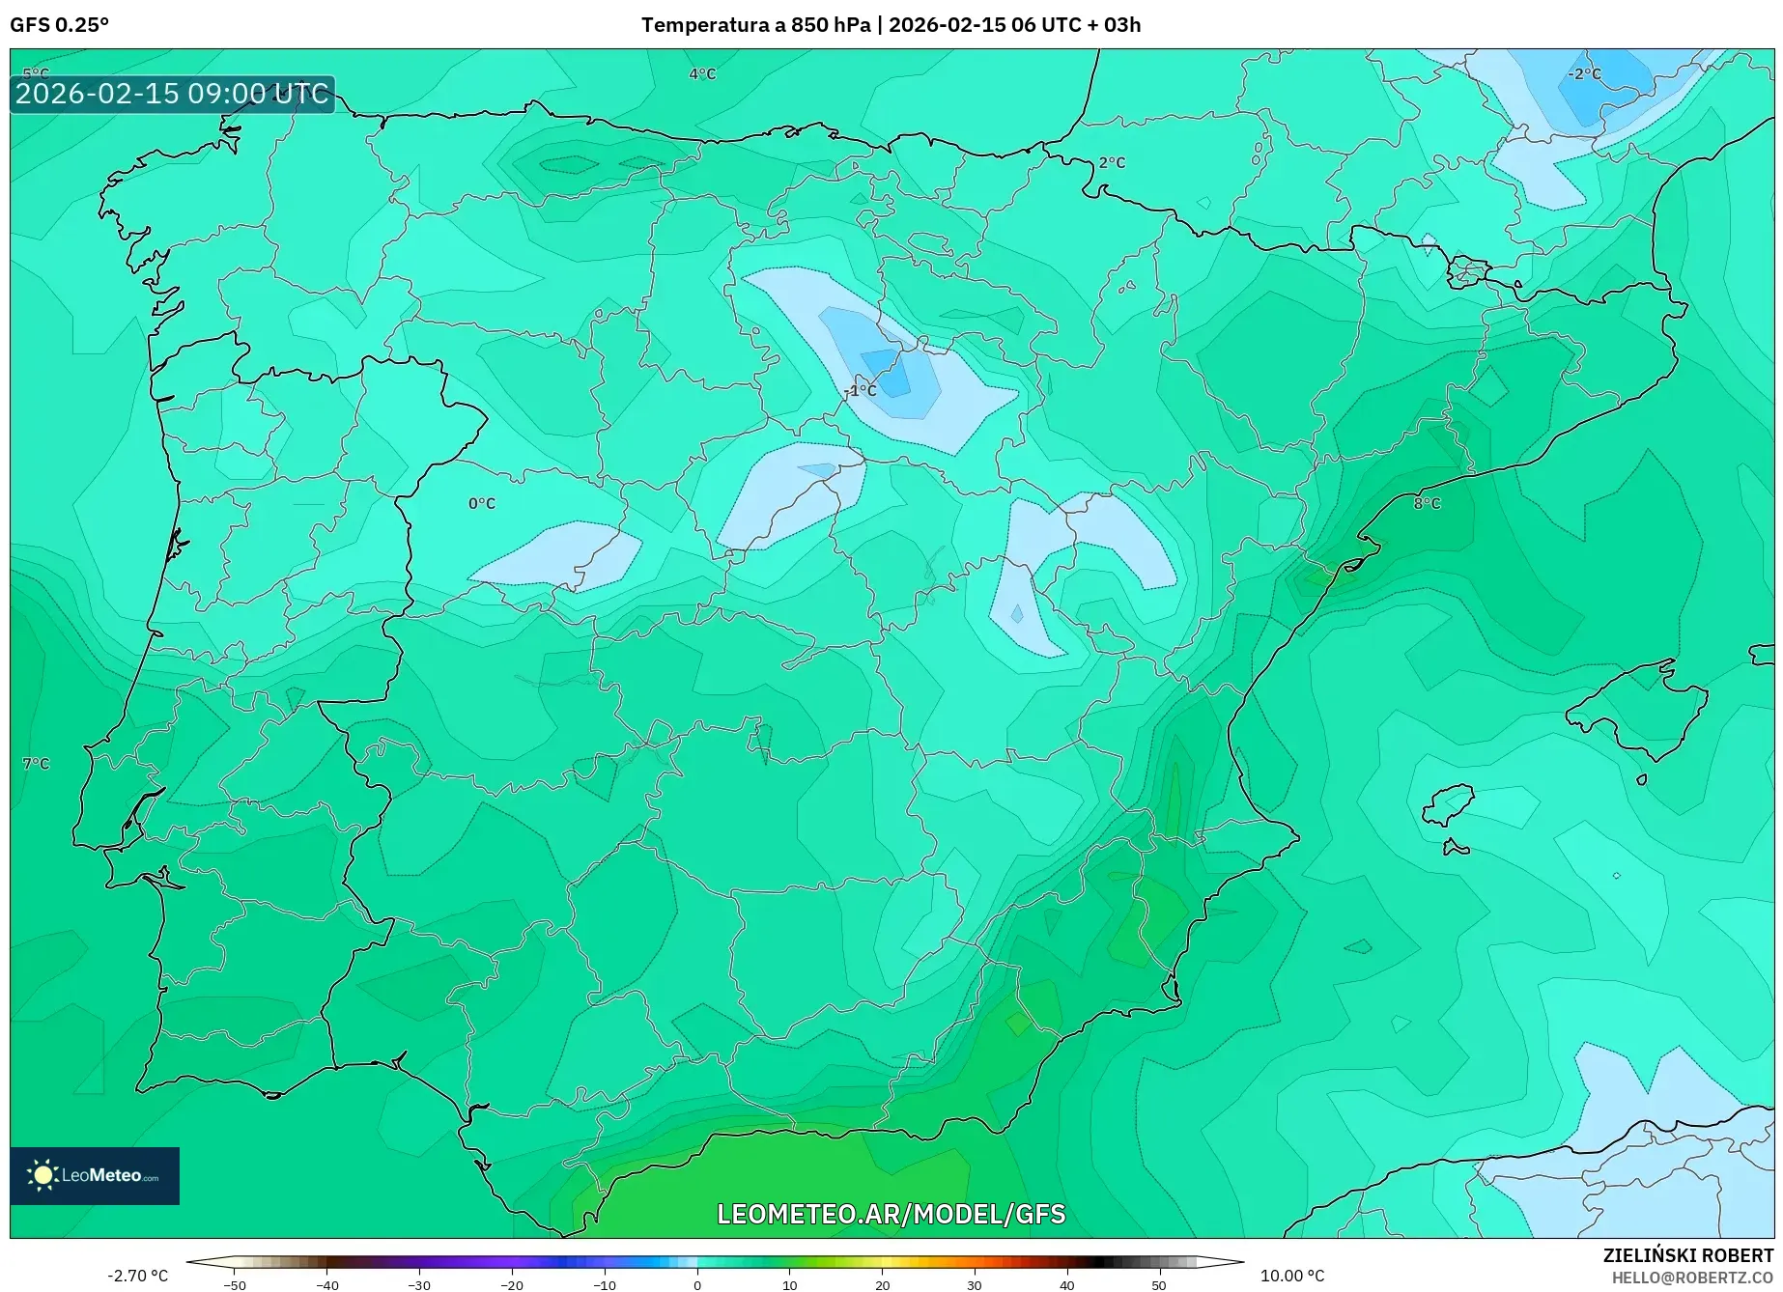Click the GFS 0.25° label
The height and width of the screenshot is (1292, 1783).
tap(59, 25)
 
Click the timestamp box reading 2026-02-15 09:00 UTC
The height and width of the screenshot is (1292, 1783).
tap(172, 94)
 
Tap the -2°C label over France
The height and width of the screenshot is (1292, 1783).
tap(1583, 74)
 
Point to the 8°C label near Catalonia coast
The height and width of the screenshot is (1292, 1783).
tap(1426, 503)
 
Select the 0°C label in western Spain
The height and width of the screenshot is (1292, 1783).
tap(481, 503)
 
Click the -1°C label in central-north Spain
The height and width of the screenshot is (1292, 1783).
tap(860, 390)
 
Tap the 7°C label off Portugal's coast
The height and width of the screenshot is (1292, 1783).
tap(36, 763)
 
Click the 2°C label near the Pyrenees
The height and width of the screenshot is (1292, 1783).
tap(1112, 162)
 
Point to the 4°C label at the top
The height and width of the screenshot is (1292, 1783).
tap(702, 74)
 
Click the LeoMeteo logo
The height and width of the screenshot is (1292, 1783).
tap(95, 1175)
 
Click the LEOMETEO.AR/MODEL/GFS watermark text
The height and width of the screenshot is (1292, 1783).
tap(891, 1214)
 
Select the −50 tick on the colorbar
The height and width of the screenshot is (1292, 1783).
tap(235, 1284)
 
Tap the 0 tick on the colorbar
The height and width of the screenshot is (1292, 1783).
tap(697, 1284)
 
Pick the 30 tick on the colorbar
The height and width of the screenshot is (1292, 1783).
tap(974, 1284)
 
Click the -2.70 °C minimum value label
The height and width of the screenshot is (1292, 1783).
tap(137, 1276)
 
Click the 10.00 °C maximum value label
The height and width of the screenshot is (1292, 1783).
tap(1292, 1276)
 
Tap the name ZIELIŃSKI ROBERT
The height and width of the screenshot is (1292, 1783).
tap(1687, 1256)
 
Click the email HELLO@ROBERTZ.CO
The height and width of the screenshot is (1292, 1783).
tap(1692, 1278)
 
